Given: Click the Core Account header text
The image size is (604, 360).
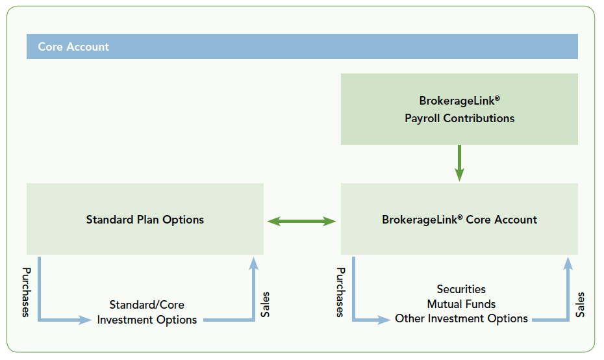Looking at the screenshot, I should click(x=73, y=47).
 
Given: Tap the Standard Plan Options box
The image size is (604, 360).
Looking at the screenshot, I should click(x=145, y=220).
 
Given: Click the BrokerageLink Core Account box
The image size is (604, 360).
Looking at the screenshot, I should click(x=459, y=220).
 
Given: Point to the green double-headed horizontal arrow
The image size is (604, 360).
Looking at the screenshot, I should click(x=302, y=222).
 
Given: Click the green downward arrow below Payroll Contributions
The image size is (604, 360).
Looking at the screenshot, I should click(x=459, y=162).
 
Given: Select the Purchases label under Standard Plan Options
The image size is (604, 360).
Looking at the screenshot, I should click(x=26, y=292).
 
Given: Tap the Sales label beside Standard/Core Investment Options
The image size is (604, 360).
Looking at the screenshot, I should click(x=265, y=305).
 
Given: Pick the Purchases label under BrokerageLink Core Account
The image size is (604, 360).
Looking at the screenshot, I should click(x=340, y=292).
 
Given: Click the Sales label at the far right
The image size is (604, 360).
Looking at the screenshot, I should click(x=580, y=305).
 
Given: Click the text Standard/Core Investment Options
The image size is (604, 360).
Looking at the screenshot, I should click(x=147, y=313).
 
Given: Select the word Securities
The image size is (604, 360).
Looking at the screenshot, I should click(x=461, y=289).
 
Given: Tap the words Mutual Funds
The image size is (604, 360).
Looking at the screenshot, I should click(x=461, y=304).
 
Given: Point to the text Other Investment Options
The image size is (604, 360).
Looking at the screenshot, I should click(x=461, y=318).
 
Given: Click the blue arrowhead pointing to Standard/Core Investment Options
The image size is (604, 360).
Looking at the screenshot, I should click(x=85, y=320).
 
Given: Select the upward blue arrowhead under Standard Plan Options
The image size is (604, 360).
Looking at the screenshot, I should click(x=253, y=263).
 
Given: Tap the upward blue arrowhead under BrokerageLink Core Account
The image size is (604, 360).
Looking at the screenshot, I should click(x=568, y=263).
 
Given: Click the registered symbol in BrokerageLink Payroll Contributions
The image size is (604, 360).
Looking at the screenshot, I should click(x=497, y=98).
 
